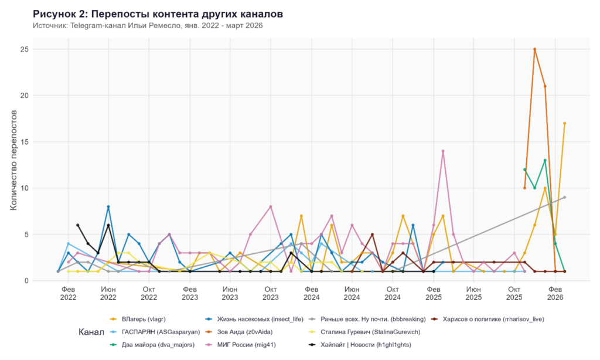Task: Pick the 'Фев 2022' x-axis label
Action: click(68, 294)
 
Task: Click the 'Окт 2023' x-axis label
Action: click(271, 294)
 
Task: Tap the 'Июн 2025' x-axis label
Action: click(473, 294)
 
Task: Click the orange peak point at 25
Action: click(535, 49)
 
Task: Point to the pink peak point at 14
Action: click(443, 151)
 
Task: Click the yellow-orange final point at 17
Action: click(564, 123)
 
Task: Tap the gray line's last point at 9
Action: click(564, 197)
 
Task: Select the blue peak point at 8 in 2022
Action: click(108, 207)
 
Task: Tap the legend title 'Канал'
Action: click(91, 332)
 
